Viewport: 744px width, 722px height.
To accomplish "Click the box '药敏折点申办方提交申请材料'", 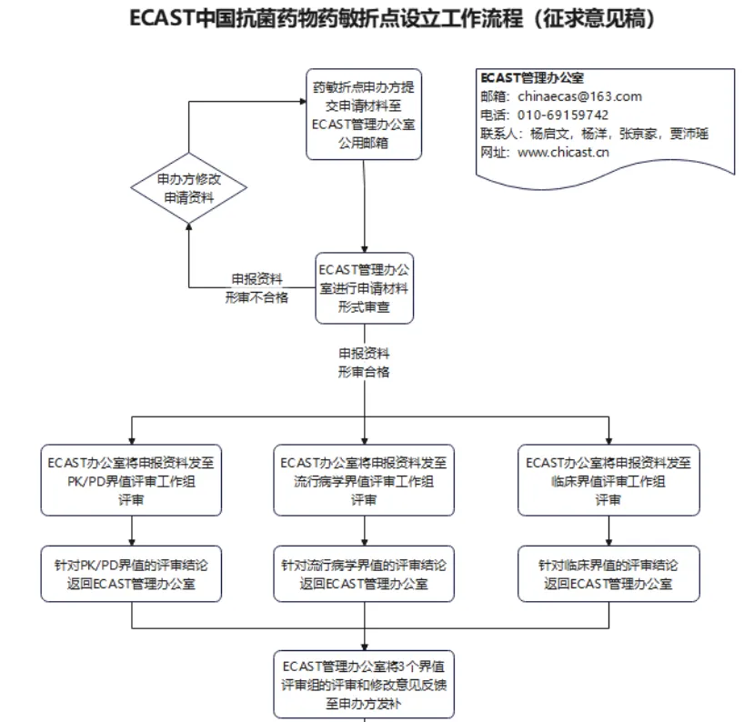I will click(364, 115).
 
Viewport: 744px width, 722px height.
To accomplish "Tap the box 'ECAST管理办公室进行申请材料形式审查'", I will click(364, 288).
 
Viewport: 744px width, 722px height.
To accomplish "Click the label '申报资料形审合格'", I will click(364, 362).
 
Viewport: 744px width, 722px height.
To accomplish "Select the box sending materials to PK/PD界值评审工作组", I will click(132, 480).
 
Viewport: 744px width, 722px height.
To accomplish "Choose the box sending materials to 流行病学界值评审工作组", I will click(364, 480).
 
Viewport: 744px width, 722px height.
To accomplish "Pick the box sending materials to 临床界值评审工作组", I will click(608, 480).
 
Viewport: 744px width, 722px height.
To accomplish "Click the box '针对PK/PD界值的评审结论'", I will click(132, 574).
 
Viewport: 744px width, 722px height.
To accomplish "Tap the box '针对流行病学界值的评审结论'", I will click(364, 574).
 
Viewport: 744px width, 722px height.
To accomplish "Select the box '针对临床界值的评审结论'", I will click(608, 574).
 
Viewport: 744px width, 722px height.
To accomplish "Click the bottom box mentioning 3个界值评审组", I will click(364, 684).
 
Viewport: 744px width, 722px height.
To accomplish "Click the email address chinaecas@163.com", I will click(579, 96).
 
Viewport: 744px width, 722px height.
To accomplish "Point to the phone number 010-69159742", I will click(563, 115).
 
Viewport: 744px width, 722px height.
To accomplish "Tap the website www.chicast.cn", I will click(563, 152).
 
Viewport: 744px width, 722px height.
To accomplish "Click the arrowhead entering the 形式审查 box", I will click(364, 248).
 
